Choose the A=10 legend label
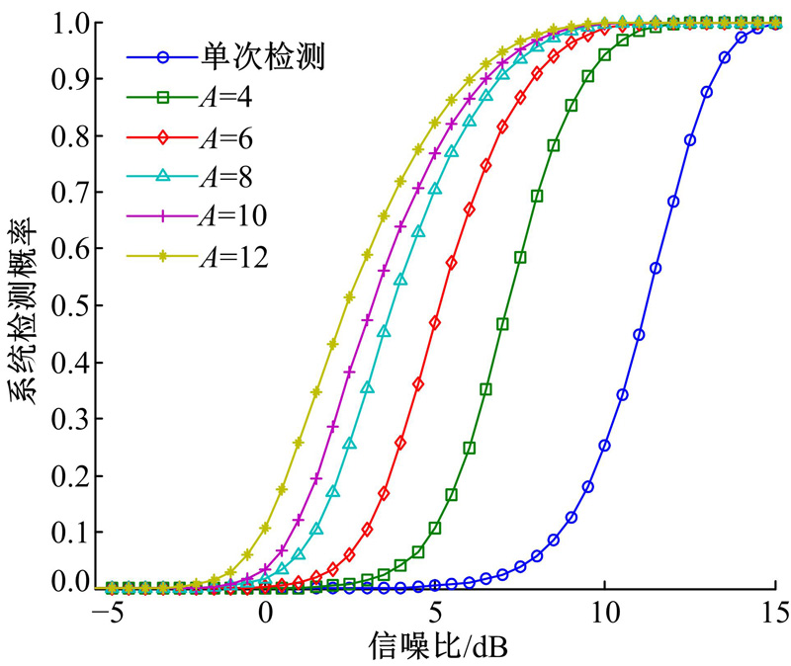(238, 215)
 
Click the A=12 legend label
(238, 256)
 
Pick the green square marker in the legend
(162, 96)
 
